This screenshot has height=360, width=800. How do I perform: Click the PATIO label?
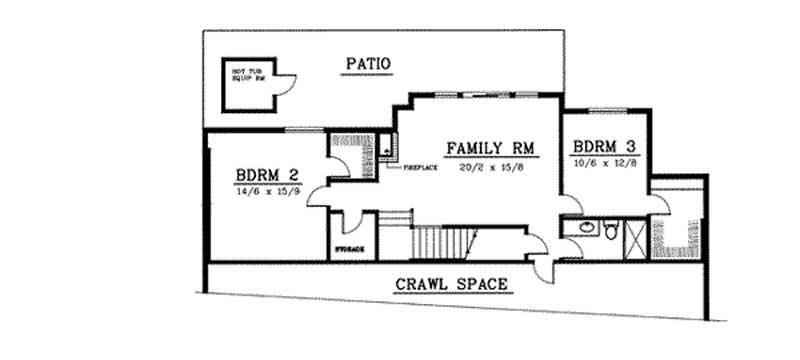367,65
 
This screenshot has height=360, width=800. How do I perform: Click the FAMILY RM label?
491,149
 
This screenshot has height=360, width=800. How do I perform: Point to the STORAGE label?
348,248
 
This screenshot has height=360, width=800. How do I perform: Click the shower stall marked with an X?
634,236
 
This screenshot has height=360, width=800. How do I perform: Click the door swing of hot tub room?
286,89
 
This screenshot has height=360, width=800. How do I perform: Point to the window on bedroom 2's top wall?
303,130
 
